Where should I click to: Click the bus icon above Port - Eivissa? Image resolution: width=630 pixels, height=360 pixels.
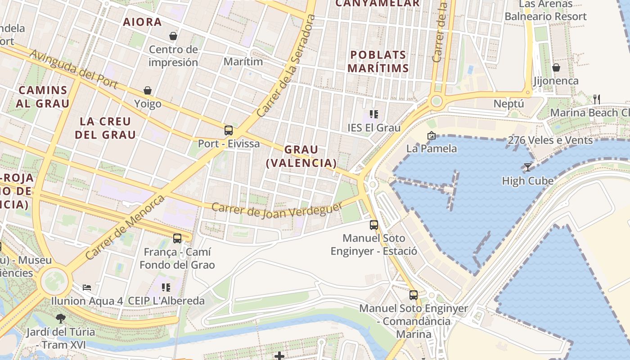[229, 130]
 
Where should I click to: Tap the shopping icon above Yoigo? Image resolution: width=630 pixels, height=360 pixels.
[147, 91]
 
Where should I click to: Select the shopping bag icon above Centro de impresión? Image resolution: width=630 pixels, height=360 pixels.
[173, 36]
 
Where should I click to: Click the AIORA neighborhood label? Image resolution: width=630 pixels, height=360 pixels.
[142, 22]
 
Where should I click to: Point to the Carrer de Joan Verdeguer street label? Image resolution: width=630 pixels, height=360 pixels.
[276, 209]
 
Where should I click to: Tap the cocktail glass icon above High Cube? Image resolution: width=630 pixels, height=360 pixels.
[527, 167]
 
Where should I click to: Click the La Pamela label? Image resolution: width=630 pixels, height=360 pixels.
[431, 148]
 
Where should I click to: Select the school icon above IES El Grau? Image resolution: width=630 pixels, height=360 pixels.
[373, 114]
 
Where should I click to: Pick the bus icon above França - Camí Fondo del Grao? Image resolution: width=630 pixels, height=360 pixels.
[177, 238]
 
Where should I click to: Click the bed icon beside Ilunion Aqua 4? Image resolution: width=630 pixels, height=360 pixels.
[87, 287]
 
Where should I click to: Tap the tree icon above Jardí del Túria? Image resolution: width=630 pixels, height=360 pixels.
[60, 319]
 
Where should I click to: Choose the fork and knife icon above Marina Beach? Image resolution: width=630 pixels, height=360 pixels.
[597, 99]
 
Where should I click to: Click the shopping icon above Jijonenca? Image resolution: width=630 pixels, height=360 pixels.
[556, 67]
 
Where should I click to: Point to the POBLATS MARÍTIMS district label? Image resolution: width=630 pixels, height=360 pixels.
[378, 62]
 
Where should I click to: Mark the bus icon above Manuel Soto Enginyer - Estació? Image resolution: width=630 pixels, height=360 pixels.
[373, 225]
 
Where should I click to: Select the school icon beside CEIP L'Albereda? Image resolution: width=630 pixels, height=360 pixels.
[166, 287]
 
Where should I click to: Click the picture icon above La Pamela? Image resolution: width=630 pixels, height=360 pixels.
[431, 135]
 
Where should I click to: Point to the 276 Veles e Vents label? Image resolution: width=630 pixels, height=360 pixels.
[550, 140]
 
